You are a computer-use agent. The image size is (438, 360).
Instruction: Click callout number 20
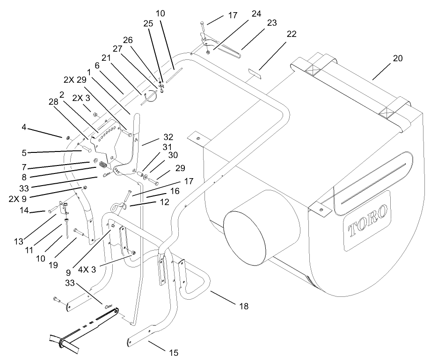397,58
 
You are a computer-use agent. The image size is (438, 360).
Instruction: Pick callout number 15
174,352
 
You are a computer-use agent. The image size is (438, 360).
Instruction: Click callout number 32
168,137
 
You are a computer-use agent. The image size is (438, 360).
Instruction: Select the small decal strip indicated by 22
255,73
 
